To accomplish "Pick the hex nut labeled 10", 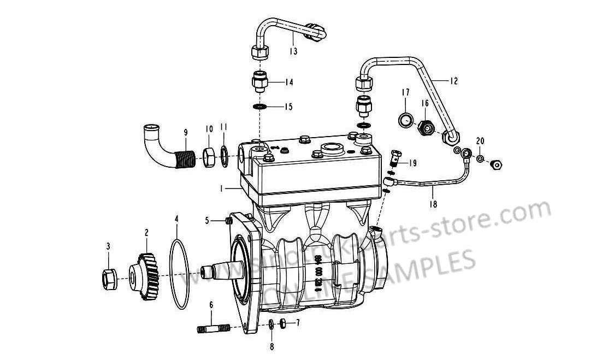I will (209, 158).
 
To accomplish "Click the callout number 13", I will (293, 51).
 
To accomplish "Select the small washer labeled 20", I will (479, 159).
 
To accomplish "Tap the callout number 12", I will (454, 81).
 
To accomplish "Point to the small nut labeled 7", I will (283, 323).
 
